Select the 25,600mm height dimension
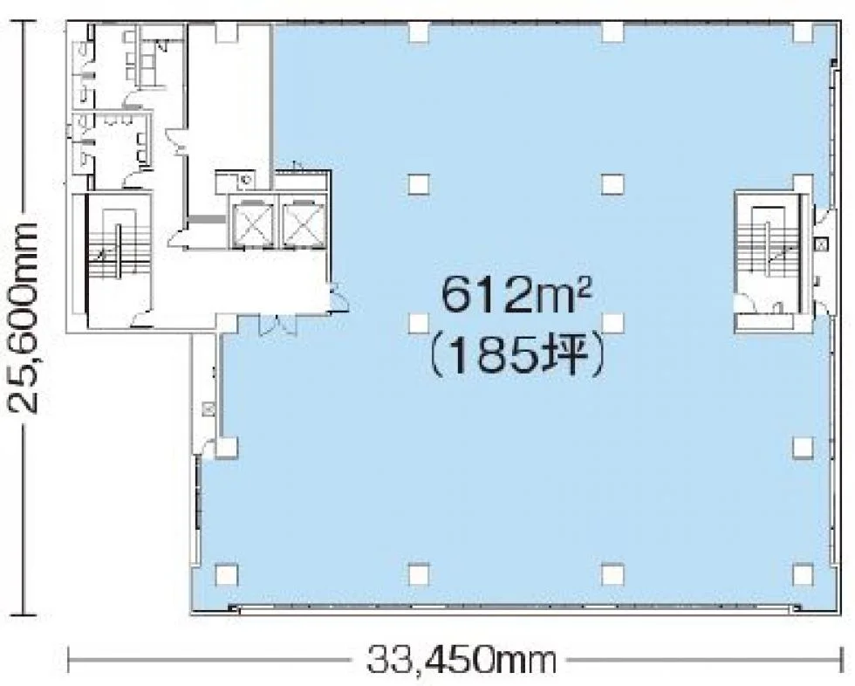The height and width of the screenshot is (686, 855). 23,317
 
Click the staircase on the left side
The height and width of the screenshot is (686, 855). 119,246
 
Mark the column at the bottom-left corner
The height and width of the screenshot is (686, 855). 227,573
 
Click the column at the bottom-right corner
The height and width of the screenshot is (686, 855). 804,573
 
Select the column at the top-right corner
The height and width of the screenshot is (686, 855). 804,32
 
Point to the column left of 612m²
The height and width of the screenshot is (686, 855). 418,323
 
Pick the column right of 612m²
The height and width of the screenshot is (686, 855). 612,323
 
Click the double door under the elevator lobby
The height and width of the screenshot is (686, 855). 278,324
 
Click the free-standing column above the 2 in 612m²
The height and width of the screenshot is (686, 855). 612,184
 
